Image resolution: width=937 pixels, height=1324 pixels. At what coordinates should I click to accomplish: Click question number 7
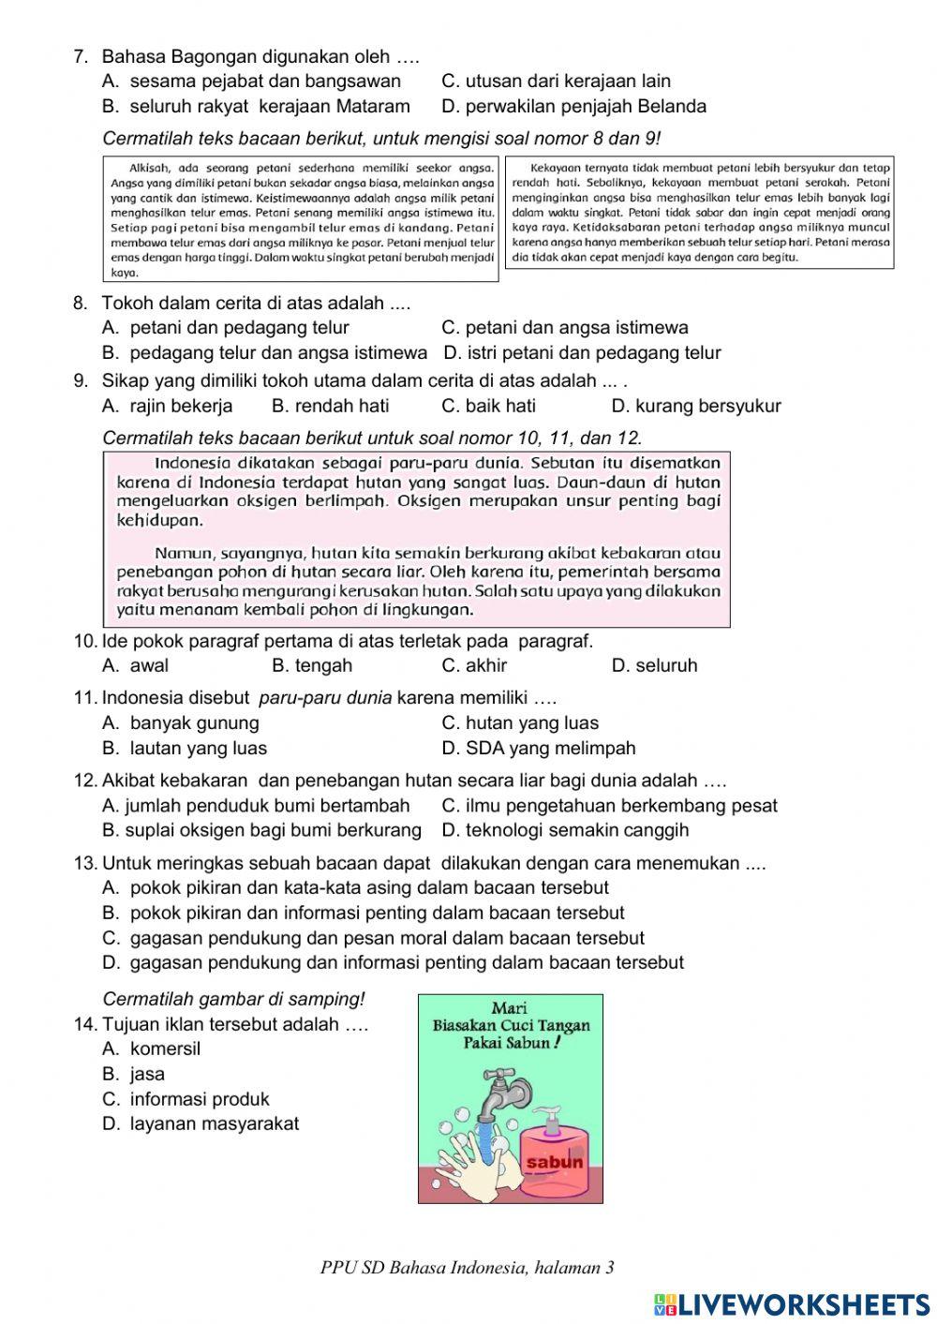click(x=81, y=57)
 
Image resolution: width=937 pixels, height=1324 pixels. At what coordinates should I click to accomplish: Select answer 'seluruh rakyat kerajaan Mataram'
click(x=269, y=106)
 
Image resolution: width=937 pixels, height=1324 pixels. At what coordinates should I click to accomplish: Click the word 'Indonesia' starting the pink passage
click(x=192, y=463)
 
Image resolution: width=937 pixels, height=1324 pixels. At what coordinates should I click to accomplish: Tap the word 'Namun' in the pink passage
click(x=180, y=553)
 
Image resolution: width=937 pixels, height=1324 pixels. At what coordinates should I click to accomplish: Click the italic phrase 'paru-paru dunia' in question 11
click(x=325, y=698)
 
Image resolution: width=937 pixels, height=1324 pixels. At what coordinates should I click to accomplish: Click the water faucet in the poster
click(x=494, y=1093)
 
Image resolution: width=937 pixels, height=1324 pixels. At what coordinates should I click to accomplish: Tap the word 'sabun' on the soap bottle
click(x=556, y=1163)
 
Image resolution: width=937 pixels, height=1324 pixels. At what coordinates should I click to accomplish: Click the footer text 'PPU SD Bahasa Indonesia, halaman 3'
click(x=467, y=1268)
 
